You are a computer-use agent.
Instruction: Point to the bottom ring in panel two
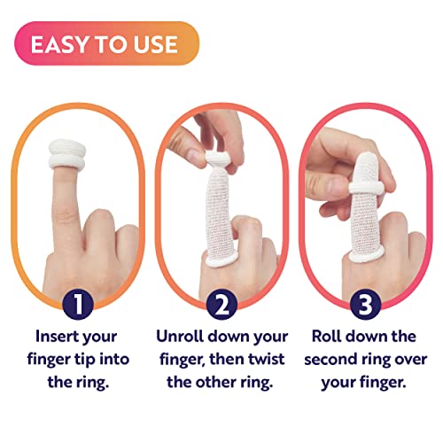pyautogui.click(x=216, y=260)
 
